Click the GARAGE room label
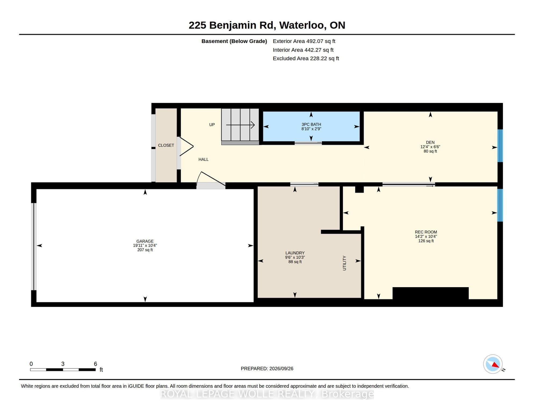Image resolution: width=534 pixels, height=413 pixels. point(145,241)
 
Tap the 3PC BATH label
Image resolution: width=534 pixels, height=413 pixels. point(311,124)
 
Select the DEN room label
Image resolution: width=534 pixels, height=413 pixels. point(430,142)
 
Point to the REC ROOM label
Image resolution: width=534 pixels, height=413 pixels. point(426,232)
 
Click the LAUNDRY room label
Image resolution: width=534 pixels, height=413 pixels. point(295,253)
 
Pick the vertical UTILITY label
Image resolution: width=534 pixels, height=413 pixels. point(344,263)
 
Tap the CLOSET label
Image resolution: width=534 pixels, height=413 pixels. point(166,145)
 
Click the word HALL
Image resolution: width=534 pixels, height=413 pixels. point(203,159)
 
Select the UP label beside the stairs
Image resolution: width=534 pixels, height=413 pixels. point(212,125)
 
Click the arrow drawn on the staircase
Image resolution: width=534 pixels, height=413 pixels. point(240,125)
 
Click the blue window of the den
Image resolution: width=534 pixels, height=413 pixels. point(500,146)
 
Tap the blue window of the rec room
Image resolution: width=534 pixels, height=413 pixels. point(500,205)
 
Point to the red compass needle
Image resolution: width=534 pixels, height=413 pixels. point(496,365)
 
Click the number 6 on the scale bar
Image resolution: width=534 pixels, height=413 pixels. point(95,364)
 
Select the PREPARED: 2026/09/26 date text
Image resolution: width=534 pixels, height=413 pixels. point(267,369)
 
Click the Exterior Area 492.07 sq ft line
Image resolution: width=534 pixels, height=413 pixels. point(304,41)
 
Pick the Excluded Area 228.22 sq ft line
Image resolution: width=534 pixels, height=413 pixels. point(306,58)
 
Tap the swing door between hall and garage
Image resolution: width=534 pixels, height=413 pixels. point(211,179)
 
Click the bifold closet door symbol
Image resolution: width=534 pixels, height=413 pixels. point(186,147)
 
